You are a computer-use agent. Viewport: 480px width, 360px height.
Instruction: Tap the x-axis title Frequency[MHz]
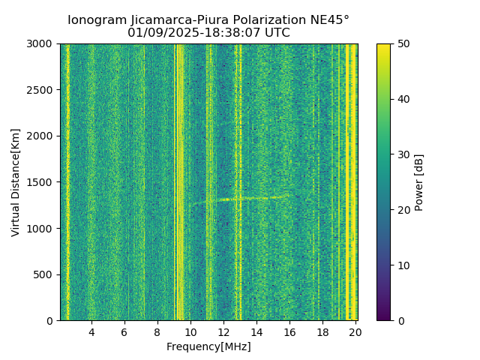point(208,346)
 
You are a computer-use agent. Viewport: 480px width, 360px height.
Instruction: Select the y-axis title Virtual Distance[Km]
point(16,182)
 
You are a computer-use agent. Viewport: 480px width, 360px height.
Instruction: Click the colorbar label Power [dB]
point(419,182)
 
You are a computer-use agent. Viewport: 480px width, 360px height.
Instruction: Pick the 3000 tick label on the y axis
point(43,44)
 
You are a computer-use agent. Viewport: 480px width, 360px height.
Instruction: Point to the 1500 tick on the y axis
point(43,182)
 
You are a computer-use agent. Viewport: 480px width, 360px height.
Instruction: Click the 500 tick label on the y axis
point(46,274)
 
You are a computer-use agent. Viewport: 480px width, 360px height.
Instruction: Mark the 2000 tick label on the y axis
point(43,136)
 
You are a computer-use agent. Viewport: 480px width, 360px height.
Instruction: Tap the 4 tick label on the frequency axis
point(91,332)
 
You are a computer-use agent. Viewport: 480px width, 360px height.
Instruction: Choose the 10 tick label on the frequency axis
point(190,332)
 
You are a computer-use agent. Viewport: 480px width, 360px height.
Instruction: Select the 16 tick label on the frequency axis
point(289,332)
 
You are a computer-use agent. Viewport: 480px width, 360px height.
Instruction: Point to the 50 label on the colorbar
point(403,44)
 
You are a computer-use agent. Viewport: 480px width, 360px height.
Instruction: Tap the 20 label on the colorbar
point(403,210)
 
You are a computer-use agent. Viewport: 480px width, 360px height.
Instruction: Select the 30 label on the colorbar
point(403,154)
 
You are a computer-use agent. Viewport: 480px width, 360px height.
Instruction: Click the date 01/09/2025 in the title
point(157,33)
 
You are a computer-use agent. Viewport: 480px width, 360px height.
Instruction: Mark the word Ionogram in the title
point(94,20)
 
